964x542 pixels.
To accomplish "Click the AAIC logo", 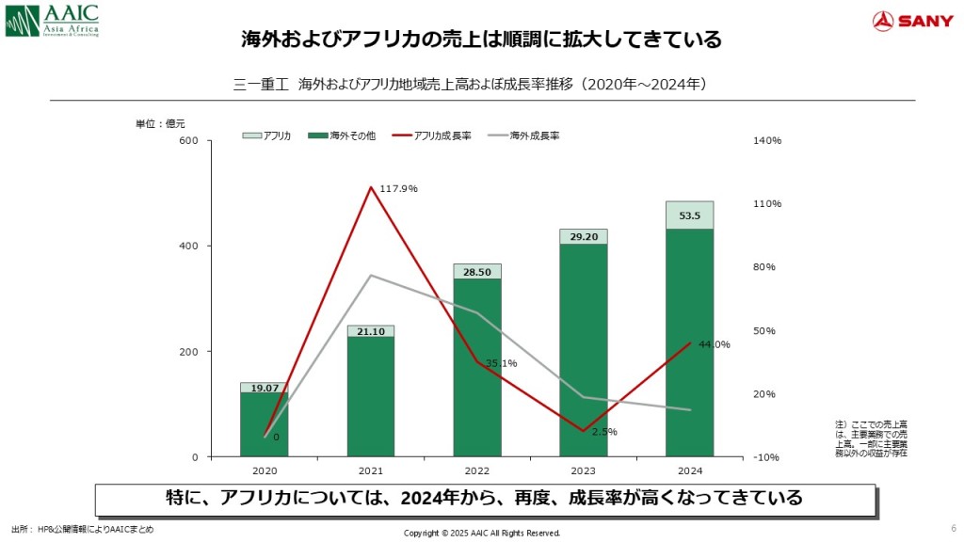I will click(x=51, y=21).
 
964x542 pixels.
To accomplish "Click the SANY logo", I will click(x=912, y=21).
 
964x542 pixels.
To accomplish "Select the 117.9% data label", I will click(x=398, y=189).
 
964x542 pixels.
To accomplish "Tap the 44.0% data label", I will click(x=715, y=344).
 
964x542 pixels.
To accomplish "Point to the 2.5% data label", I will click(x=604, y=432).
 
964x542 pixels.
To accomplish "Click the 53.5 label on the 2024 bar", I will click(x=689, y=216).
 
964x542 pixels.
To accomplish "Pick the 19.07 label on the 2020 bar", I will click(x=265, y=388).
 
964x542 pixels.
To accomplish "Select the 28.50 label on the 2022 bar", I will click(x=477, y=272).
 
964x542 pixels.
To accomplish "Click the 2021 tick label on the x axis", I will click(x=371, y=470).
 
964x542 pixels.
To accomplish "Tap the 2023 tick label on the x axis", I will click(x=584, y=470).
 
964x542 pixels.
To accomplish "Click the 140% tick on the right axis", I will click(x=768, y=141).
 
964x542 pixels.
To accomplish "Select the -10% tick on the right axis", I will click(x=766, y=457).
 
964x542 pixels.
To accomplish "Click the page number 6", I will click(x=953, y=528).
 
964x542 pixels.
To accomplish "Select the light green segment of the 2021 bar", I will click(x=371, y=331).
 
